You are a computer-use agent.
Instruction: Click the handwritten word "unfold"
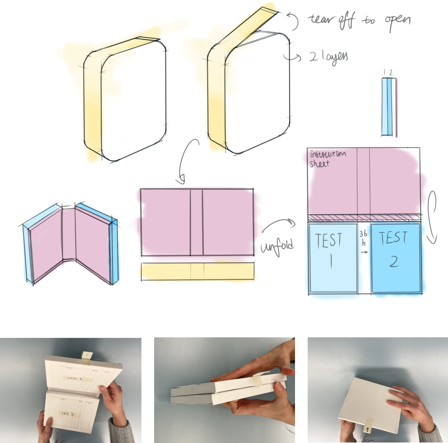pyautogui.click(x=277, y=246)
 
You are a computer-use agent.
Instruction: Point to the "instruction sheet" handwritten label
pyautogui.click(x=327, y=159)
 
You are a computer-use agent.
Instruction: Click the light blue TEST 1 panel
pyautogui.click(x=333, y=258)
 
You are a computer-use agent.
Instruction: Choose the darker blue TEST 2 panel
pyautogui.click(x=396, y=258)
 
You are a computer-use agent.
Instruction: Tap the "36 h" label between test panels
pyautogui.click(x=364, y=238)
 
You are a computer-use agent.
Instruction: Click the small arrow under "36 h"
pyautogui.click(x=364, y=252)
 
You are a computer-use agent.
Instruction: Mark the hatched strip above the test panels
pyautogui.click(x=365, y=218)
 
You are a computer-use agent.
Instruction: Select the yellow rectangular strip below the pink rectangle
pyautogui.click(x=198, y=271)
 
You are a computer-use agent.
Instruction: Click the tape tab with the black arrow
pyautogui.click(x=368, y=425)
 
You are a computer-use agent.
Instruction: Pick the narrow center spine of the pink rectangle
pyautogui.click(x=196, y=222)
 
